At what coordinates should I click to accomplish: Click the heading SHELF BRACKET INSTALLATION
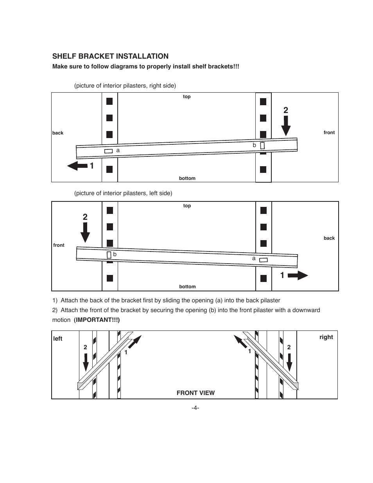[110, 56]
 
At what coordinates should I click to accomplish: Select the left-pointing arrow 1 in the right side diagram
[77, 166]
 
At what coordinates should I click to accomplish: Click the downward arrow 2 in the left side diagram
[85, 232]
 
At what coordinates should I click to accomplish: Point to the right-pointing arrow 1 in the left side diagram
[298, 276]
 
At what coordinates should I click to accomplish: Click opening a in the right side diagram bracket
[108, 151]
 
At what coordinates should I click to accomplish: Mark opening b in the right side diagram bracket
[262, 145]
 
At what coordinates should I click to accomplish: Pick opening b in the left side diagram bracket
[109, 255]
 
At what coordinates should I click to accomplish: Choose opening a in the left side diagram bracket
[264, 260]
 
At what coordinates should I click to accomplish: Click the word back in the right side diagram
[58, 133]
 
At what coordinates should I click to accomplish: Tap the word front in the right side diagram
[329, 133]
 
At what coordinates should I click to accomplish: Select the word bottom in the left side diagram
[187, 287]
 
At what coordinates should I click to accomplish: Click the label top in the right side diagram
[187, 97]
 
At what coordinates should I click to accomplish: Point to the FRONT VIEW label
[195, 393]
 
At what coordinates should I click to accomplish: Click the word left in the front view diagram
[58, 339]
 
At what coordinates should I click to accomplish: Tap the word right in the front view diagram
[326, 337]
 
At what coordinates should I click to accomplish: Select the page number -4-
[195, 408]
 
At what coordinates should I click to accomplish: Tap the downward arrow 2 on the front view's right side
[289, 362]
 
